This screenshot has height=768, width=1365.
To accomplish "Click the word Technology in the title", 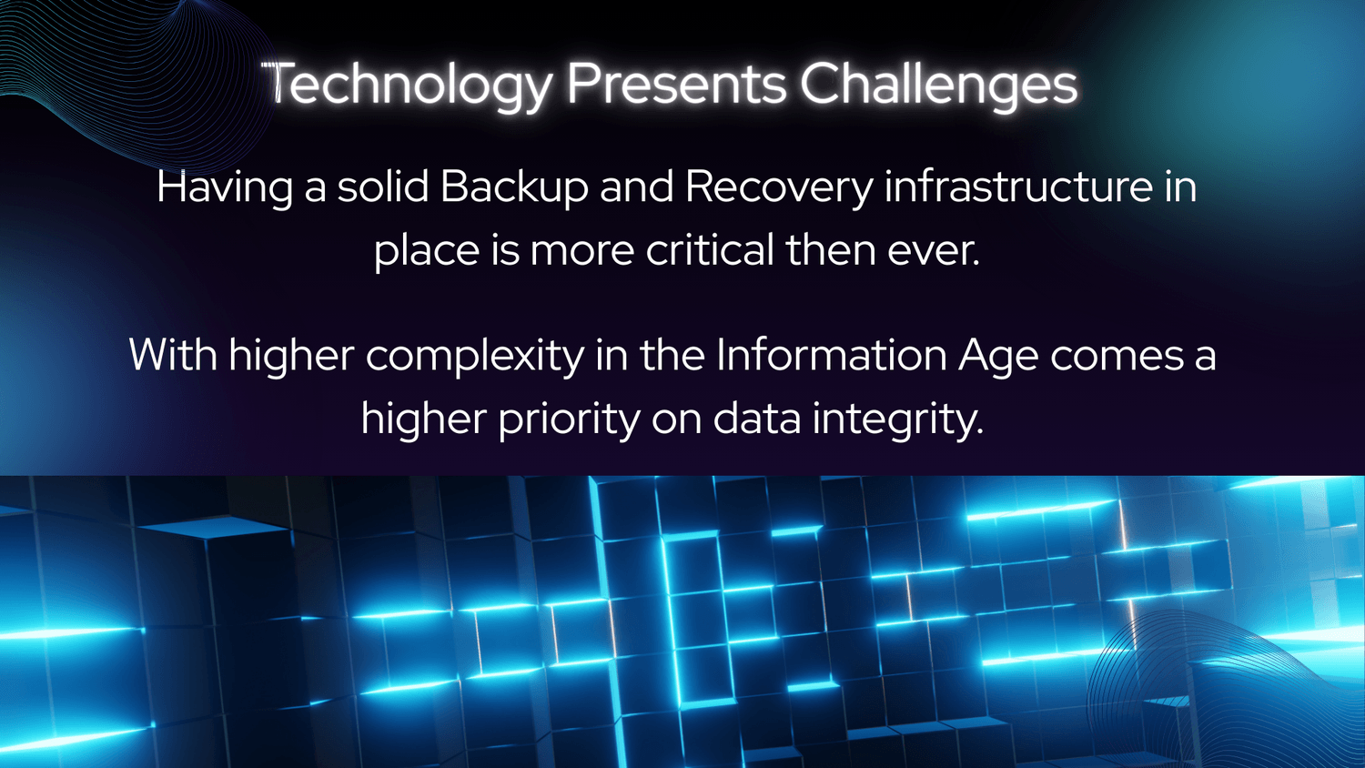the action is click(408, 86).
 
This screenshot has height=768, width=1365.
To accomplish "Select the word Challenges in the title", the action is click(939, 86).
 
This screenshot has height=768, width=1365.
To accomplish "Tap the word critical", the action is click(710, 249).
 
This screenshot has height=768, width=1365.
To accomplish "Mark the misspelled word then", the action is click(829, 249).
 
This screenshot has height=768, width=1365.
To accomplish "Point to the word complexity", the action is click(475, 357).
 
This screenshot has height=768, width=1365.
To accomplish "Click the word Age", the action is click(998, 357).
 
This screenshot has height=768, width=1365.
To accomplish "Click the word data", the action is click(757, 419).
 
